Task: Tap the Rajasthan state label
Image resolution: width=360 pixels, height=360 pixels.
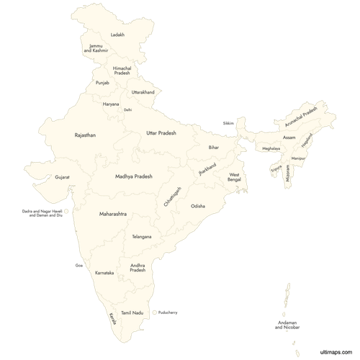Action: [85, 135]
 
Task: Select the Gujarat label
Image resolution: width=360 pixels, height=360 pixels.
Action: [62, 176]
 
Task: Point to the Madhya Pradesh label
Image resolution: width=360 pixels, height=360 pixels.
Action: [133, 176]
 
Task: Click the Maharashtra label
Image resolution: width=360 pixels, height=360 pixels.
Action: [113, 214]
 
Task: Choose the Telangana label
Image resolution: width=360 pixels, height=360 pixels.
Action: [142, 236]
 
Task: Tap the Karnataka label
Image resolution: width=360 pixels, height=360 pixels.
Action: [104, 274]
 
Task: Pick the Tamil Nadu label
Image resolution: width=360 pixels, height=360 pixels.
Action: [132, 312]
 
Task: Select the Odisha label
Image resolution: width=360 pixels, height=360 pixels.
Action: [198, 206]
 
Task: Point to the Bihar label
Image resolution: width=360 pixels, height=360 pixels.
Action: [214, 147]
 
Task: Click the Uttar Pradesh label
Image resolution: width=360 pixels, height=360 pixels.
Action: [161, 133]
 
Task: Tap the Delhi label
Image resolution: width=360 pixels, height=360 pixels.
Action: [127, 110]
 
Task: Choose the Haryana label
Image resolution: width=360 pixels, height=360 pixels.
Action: [110, 104]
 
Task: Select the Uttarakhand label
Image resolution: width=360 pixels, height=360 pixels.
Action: [143, 92]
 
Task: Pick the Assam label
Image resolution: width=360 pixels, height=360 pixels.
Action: [289, 137]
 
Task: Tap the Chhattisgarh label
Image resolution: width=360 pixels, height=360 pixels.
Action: [173, 196]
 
